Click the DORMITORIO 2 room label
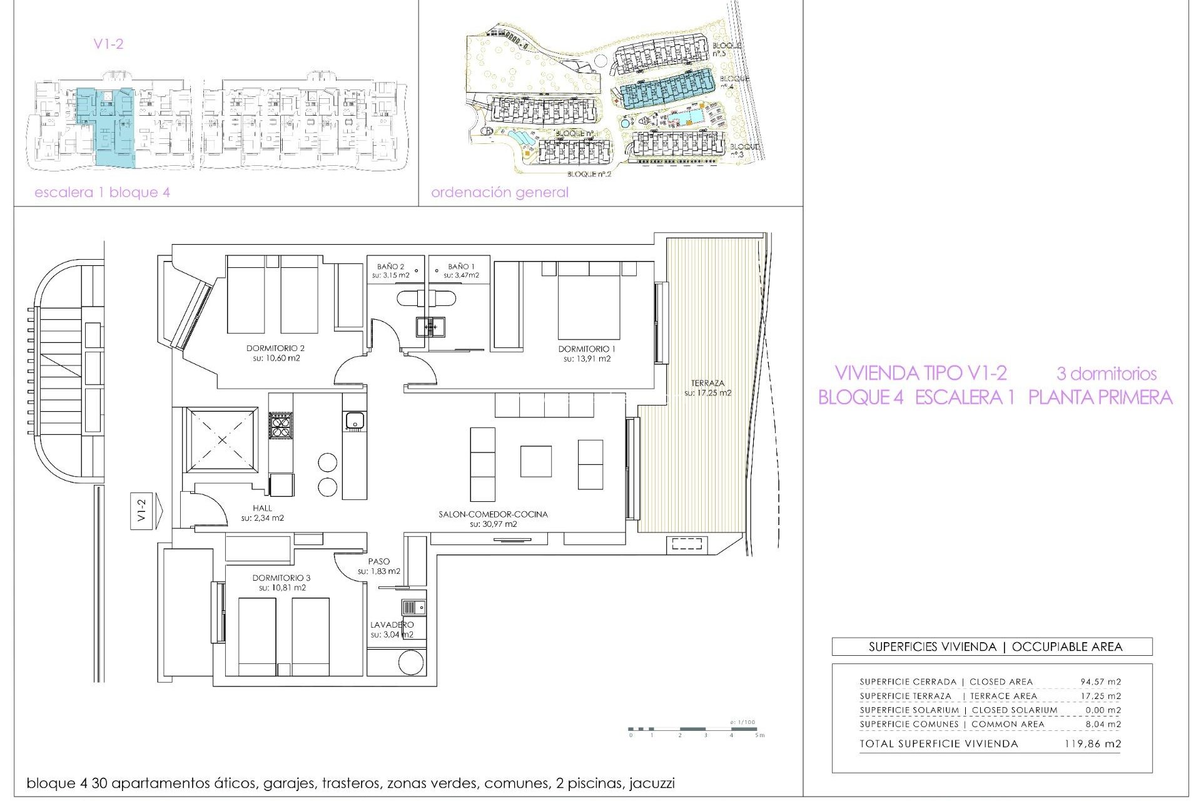point(275,349)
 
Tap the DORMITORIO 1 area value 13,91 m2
point(587,359)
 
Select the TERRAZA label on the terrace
point(707,383)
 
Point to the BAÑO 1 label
point(461,267)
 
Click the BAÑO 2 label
point(390,267)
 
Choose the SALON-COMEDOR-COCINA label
point(493,514)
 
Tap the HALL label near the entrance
point(263,508)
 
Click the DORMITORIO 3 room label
point(281,578)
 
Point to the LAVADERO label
point(392,625)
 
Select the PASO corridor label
point(379,562)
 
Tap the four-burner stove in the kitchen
point(280,426)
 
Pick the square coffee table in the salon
point(535,461)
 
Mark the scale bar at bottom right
point(694,729)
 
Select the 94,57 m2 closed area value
point(1100,682)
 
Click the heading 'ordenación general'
point(499,193)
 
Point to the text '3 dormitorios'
point(1106,374)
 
